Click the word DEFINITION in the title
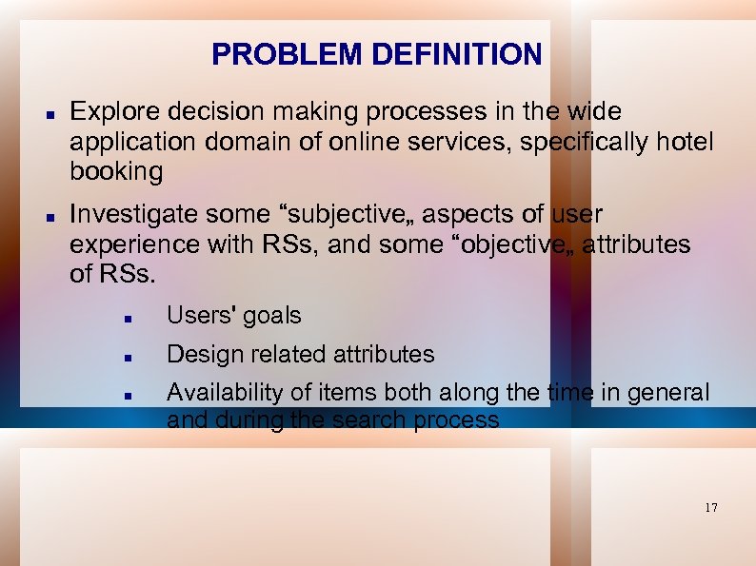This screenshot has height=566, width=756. click(457, 54)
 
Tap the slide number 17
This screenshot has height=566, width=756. click(711, 508)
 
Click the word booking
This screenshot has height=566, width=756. click(116, 173)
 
